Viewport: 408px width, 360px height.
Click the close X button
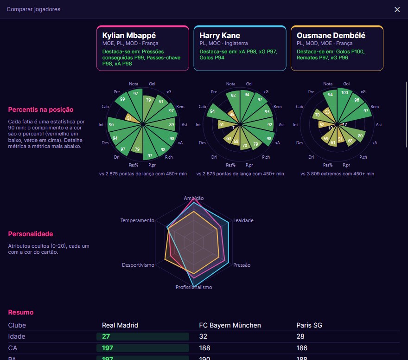[397, 10]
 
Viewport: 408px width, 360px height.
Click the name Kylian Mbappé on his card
[129, 35]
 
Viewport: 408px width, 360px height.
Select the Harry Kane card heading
[220, 35]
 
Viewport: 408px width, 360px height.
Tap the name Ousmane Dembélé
[331, 35]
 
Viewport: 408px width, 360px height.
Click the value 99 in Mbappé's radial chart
[122, 99]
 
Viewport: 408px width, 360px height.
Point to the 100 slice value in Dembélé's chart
[344, 93]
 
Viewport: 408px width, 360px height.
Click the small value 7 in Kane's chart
[233, 128]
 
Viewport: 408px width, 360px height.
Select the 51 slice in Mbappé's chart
[129, 118]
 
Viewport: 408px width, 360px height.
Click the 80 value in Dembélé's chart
[360, 135]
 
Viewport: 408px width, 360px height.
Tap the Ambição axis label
[194, 198]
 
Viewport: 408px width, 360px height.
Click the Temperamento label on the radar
[137, 220]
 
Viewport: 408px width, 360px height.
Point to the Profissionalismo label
[194, 287]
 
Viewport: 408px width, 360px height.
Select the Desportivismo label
[138, 265]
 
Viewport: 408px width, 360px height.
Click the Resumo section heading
[21, 312]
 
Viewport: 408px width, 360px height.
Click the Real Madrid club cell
[120, 325]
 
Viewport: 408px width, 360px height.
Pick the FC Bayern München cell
[230, 325]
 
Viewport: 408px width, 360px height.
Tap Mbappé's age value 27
[106, 337]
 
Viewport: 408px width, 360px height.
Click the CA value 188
[204, 348]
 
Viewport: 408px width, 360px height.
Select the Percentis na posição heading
[41, 109]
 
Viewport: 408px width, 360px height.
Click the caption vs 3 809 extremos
[337, 174]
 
